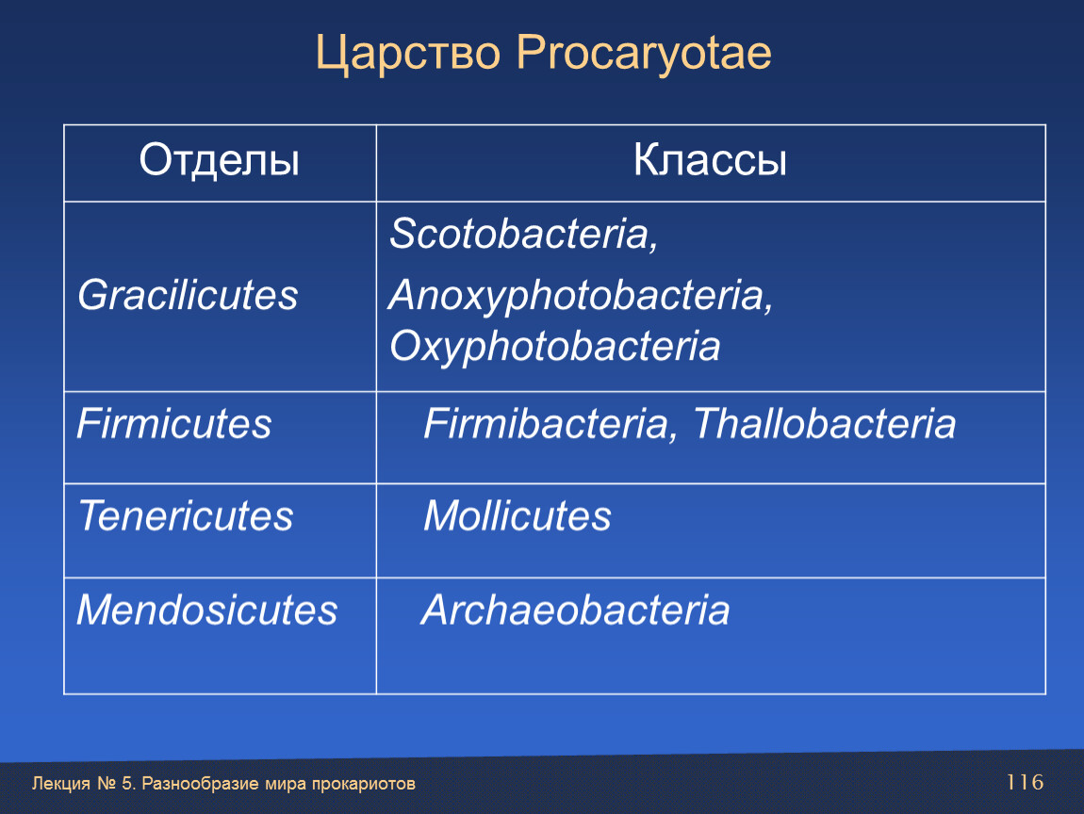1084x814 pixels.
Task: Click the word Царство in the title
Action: (x=408, y=54)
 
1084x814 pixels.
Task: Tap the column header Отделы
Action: (x=219, y=161)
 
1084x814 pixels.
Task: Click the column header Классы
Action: (x=710, y=160)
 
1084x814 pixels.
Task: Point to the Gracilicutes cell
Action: (x=188, y=296)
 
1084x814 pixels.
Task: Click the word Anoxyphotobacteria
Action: (x=576, y=296)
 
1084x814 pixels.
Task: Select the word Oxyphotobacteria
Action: (x=554, y=346)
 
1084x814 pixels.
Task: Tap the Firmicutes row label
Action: (x=174, y=423)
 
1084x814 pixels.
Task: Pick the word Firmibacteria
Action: (x=546, y=423)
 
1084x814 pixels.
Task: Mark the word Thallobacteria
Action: (x=824, y=423)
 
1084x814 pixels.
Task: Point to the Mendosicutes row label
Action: (x=206, y=610)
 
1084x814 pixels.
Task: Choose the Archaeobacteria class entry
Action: (x=575, y=610)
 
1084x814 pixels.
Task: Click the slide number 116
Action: (x=1025, y=782)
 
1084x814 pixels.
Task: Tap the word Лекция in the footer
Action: (x=61, y=784)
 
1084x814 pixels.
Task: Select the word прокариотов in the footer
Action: (x=364, y=784)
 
